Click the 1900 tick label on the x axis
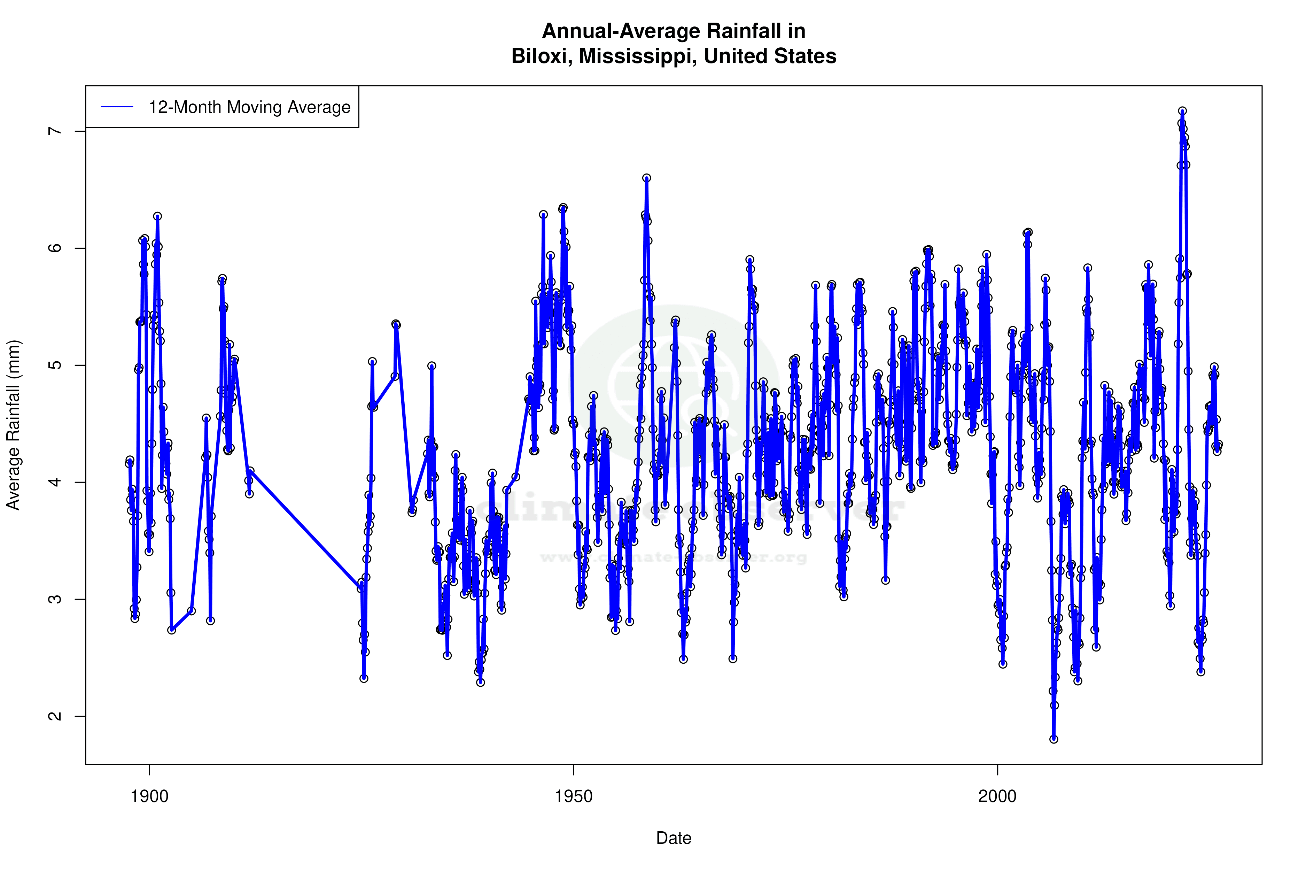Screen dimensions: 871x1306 [x=149, y=796]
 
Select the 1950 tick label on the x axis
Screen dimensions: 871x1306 [x=574, y=796]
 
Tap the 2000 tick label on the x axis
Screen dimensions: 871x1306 [x=997, y=796]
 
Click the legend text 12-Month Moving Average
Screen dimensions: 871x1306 [x=249, y=107]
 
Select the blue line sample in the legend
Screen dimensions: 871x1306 [x=117, y=107]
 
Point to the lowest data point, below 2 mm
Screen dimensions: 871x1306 [x=1054, y=739]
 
